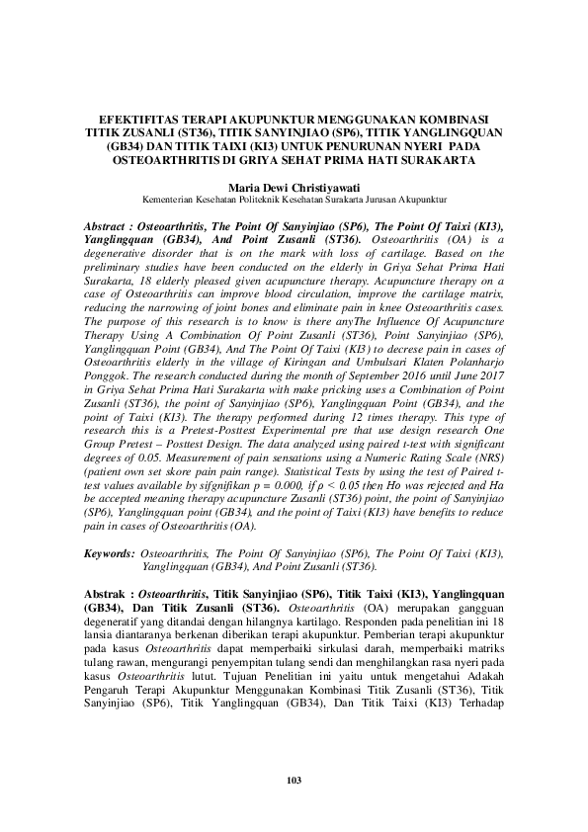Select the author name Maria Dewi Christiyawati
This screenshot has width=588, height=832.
pos(294,186)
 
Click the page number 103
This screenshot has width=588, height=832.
pos(294,782)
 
